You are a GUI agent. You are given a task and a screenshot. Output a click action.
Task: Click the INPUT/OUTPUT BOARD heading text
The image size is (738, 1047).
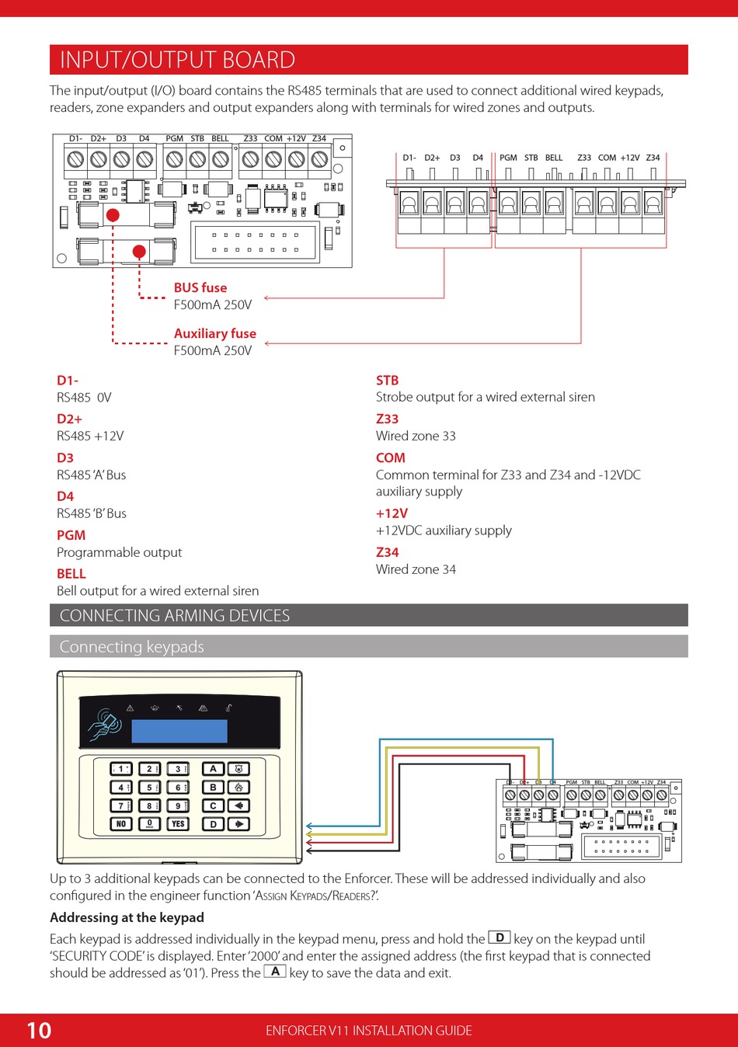(x=177, y=60)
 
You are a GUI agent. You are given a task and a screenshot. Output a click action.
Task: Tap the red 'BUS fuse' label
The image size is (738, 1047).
(x=200, y=287)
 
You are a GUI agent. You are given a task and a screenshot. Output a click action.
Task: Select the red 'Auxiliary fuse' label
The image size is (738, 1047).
(x=215, y=333)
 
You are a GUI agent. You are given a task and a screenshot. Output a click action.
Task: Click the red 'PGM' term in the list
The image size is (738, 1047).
(x=71, y=535)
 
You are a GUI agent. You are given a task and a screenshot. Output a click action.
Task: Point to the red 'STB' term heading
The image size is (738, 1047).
(x=387, y=381)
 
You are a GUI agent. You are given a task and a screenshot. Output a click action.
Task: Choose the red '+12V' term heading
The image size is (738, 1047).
(x=392, y=513)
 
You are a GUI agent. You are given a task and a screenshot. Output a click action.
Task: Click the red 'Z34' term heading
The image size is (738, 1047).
(x=387, y=552)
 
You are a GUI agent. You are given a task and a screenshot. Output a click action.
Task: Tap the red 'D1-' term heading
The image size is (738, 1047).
(x=68, y=381)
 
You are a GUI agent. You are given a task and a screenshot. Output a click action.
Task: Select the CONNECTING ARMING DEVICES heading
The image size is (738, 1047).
(x=175, y=616)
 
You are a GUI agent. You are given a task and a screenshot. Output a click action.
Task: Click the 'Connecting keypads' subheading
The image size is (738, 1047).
(x=132, y=647)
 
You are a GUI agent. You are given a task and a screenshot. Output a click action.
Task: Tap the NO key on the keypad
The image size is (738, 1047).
(x=121, y=824)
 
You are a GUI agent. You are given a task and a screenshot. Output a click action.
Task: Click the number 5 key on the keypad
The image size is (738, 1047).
(x=149, y=788)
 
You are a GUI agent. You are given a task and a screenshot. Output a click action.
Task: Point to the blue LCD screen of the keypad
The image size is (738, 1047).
(x=179, y=731)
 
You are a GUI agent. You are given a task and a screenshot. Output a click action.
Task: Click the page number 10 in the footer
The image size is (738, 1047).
(x=39, y=1031)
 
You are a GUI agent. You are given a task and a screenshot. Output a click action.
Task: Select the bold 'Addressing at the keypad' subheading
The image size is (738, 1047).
(x=127, y=917)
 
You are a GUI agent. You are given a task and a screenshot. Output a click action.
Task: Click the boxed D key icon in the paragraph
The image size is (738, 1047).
(x=500, y=937)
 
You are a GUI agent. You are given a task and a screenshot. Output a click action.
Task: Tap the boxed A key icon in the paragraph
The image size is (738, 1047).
(x=275, y=971)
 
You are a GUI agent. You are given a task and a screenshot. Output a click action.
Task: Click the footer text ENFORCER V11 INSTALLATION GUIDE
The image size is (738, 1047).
(x=369, y=1031)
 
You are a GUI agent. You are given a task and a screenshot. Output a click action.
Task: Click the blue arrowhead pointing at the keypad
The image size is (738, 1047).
(x=310, y=826)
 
